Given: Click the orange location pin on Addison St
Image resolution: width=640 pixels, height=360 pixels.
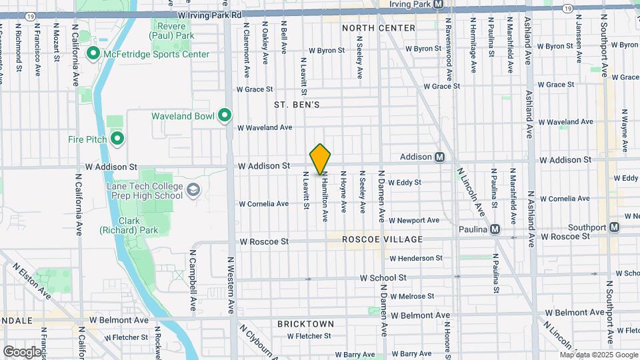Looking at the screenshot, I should (x=320, y=159).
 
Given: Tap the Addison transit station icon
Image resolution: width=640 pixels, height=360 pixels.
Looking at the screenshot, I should (x=440, y=157).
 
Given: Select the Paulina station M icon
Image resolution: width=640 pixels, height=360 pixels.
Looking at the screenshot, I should (x=495, y=229).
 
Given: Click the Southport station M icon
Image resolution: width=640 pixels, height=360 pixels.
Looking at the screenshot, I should (x=614, y=227).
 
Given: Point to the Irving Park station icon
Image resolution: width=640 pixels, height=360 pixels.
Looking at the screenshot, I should (x=438, y=4).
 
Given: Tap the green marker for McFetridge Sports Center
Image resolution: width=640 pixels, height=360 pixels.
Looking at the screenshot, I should (x=93, y=53).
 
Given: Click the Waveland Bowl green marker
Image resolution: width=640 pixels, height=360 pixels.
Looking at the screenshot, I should (x=225, y=116).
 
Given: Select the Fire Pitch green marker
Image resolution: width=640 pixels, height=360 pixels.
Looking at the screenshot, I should (x=117, y=139).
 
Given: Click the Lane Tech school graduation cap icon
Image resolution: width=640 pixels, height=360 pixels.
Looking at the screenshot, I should (x=193, y=191).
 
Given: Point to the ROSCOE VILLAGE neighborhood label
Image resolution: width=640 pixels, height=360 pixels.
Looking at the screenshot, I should (x=383, y=239).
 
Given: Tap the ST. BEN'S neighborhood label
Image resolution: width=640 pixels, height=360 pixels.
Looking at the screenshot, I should (x=297, y=105).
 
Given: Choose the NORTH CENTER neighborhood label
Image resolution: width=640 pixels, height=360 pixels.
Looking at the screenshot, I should (x=378, y=28).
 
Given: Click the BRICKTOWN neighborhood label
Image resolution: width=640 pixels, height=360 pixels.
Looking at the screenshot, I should (x=305, y=324).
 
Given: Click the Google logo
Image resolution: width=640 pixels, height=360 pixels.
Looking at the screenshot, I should (x=21, y=351).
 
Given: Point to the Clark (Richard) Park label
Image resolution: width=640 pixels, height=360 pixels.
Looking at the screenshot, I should (x=120, y=225).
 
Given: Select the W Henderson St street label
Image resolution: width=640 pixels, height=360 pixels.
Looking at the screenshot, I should (x=416, y=258).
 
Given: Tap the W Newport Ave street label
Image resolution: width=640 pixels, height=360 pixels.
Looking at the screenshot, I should (x=413, y=220).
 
